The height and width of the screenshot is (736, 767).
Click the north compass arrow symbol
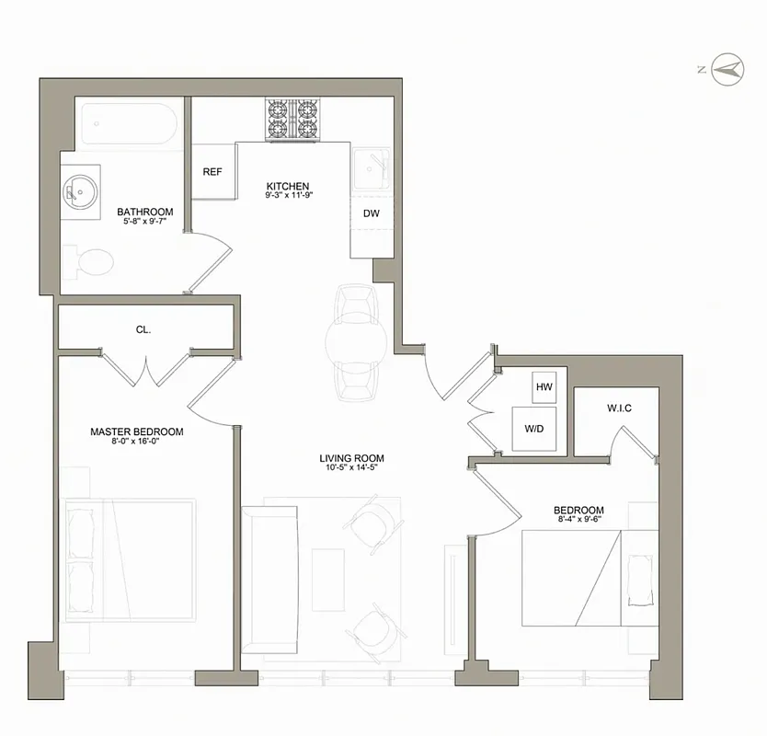(x=730, y=67)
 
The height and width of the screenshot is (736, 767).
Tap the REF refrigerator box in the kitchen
(x=212, y=171)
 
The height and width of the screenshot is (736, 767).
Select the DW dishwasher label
(x=372, y=213)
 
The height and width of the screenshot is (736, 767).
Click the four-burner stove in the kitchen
(x=292, y=120)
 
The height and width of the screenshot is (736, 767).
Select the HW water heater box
(x=544, y=388)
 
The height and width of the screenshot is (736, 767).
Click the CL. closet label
(x=143, y=328)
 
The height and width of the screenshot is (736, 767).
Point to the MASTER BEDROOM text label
(x=136, y=431)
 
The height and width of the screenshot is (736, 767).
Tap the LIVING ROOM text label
(x=351, y=458)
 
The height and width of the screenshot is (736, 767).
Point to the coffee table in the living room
(x=328, y=577)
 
